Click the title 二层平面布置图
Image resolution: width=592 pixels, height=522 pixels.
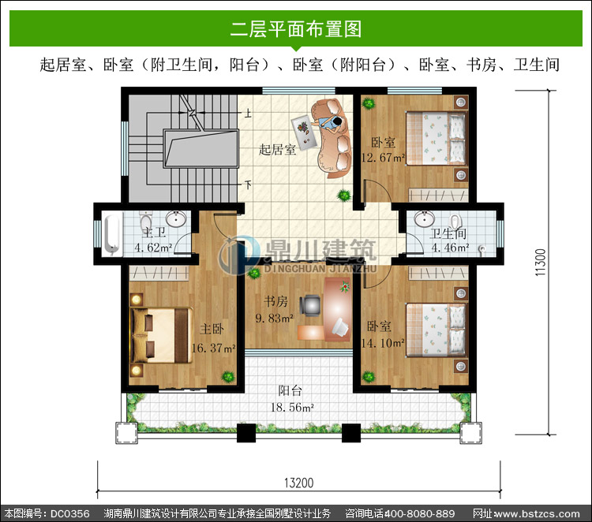[x=296, y=28]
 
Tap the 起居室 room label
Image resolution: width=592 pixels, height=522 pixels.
[x=277, y=149]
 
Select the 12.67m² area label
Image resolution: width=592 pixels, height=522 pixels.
[x=383, y=157]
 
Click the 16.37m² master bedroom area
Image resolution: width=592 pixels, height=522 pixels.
[x=214, y=348]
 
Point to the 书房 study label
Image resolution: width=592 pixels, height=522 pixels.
[x=275, y=301]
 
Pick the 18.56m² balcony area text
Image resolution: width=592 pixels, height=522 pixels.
[x=293, y=408]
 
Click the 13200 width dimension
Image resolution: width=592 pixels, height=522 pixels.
[x=298, y=483]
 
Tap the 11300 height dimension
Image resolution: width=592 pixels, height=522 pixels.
[x=541, y=262]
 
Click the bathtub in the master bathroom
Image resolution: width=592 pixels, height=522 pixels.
[x=112, y=234]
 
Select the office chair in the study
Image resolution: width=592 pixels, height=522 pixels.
[x=310, y=304]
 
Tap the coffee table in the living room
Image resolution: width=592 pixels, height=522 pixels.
[x=304, y=131]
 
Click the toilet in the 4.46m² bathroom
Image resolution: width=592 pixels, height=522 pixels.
[x=456, y=221]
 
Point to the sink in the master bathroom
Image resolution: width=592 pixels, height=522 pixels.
[x=176, y=218]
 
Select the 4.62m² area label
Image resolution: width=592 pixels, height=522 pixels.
[x=153, y=248]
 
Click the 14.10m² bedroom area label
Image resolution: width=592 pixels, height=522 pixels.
[x=383, y=343]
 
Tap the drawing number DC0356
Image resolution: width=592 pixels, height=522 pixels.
[x=69, y=513]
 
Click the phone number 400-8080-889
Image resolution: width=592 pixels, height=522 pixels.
[x=418, y=513]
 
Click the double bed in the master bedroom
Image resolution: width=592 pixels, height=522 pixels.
[x=161, y=336]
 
